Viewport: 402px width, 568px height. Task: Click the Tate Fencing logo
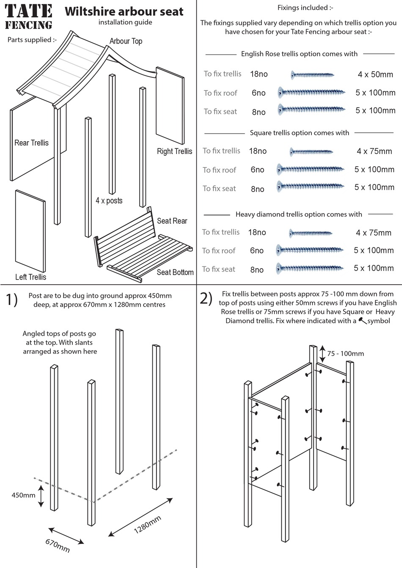point(29,17)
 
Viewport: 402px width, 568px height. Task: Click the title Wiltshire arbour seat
point(124,11)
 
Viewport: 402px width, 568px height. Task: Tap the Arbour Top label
point(126,41)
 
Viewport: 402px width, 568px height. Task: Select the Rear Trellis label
point(31,143)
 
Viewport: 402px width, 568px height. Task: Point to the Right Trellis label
point(174,151)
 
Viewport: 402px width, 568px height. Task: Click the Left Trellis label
point(30,277)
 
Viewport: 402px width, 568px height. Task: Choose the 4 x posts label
point(109,200)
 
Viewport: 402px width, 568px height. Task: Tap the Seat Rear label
point(172,221)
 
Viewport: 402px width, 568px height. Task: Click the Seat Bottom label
point(175,272)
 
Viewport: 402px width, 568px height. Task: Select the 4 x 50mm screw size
point(375,75)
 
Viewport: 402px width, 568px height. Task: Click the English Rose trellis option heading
point(299,54)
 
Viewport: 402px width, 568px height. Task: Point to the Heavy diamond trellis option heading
point(299,214)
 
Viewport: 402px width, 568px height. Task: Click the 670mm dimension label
point(58,545)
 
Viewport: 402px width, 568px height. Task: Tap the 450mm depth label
point(23,495)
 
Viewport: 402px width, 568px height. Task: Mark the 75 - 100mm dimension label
point(345,354)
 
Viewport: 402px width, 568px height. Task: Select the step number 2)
point(206,298)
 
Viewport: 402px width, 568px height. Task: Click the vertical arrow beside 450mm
point(41,496)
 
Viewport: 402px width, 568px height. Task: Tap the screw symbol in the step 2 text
point(362,321)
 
